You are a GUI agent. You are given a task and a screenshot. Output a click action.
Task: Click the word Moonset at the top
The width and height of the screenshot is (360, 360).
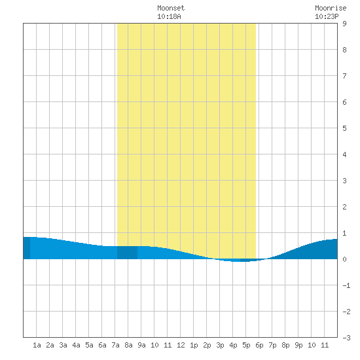click(x=171, y=9)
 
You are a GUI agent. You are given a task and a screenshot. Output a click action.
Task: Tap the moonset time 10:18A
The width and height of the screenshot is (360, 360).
click(x=169, y=17)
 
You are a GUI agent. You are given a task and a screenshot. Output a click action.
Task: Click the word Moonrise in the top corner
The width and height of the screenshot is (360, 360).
click(x=331, y=9)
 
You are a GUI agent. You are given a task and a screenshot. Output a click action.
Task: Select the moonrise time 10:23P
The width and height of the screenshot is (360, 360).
click(x=327, y=17)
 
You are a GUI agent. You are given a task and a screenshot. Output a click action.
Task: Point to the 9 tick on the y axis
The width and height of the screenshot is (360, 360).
click(x=344, y=24)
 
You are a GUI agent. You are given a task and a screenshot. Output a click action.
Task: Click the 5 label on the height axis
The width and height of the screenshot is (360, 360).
click(x=344, y=128)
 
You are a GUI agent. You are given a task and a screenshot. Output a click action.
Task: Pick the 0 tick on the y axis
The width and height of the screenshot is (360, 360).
click(x=344, y=259)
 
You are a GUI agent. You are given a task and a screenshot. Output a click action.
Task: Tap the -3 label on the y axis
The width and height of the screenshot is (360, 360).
click(x=346, y=338)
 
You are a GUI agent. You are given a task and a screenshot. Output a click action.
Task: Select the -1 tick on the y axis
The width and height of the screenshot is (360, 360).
click(x=346, y=285)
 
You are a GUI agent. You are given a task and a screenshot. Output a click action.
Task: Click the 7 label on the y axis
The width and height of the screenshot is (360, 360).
click(x=344, y=76)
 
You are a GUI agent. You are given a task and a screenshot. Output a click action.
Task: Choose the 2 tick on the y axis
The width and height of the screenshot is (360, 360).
click(x=344, y=207)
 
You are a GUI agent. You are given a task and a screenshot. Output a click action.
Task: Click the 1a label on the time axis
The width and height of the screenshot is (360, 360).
click(x=37, y=345)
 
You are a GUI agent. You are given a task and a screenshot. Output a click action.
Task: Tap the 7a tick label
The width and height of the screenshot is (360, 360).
click(x=115, y=345)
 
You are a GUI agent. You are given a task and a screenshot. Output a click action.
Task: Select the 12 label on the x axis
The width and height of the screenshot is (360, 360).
click(x=181, y=345)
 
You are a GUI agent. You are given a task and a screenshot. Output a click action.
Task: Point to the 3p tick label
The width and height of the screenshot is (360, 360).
click(x=220, y=345)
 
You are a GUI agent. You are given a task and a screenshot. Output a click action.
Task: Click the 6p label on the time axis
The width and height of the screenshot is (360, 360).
click(x=259, y=345)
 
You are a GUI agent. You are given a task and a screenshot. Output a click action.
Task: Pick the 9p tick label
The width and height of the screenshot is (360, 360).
click(x=298, y=345)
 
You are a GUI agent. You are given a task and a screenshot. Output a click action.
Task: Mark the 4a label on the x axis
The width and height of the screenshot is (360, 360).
click(x=76, y=345)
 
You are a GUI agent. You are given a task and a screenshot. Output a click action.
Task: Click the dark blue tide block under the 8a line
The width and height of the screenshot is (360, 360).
click(x=127, y=253)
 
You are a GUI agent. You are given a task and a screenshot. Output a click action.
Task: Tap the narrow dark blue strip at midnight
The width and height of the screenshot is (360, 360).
click(x=27, y=248)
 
